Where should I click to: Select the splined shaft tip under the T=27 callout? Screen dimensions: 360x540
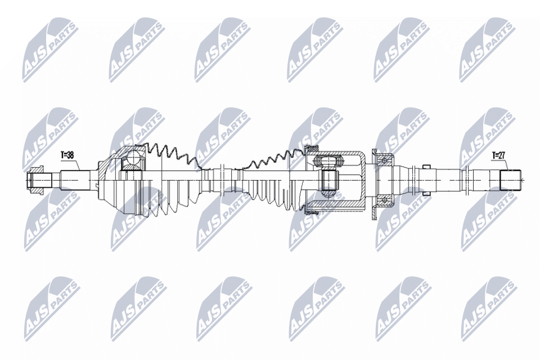(x=510, y=179)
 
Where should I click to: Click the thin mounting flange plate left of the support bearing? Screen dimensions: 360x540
(x=373, y=180)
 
